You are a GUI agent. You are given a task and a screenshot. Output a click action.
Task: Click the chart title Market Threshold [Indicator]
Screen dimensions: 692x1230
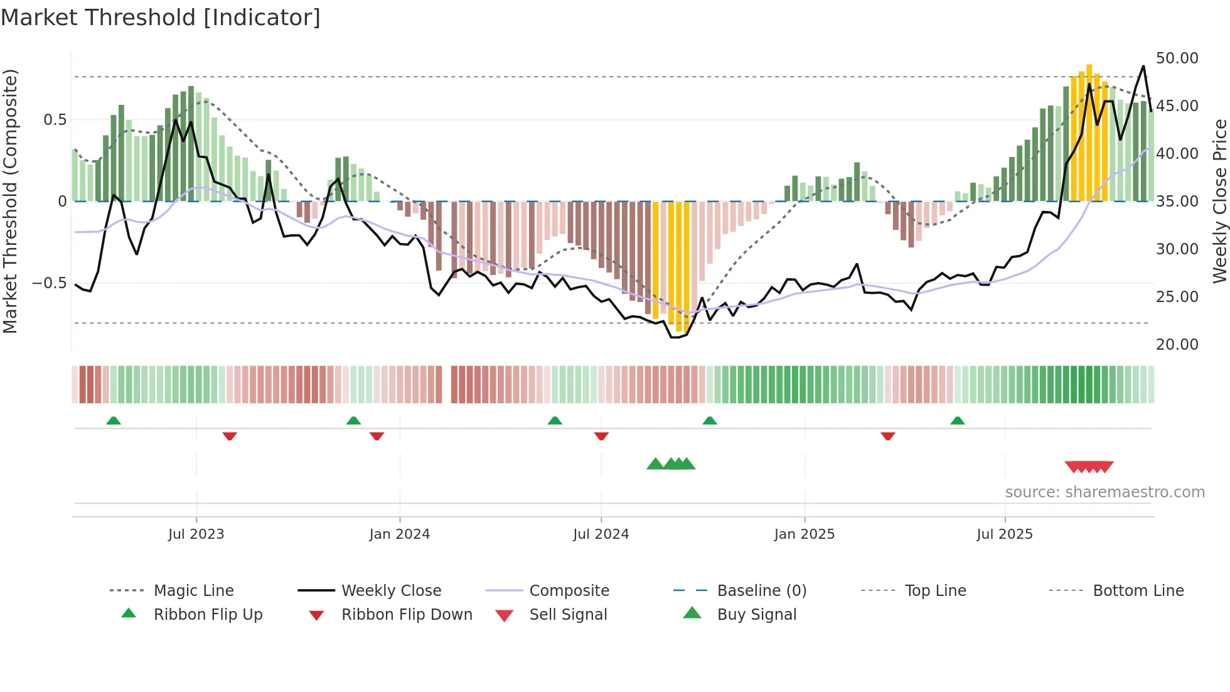pos(161,18)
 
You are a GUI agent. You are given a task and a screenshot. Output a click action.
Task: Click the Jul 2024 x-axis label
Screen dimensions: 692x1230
pos(601,534)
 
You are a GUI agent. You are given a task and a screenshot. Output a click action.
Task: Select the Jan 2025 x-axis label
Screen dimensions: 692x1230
pos(804,534)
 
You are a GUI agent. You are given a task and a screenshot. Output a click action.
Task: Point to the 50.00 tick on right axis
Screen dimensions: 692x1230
pos(1177,58)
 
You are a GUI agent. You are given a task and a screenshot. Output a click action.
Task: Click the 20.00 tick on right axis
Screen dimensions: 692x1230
pos(1177,344)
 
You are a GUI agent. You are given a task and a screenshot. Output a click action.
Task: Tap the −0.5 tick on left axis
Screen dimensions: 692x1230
pos(49,283)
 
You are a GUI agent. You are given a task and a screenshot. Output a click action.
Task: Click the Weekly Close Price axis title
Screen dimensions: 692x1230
pos(1219,201)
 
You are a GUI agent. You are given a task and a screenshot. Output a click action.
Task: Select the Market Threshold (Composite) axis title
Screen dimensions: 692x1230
pos(10,201)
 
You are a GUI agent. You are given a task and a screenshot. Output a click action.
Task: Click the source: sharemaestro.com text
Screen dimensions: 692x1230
pos(1104,492)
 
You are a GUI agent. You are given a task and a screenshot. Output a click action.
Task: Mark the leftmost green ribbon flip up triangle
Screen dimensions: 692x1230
pos(114,421)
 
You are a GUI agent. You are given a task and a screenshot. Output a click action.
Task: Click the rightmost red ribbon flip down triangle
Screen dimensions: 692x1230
pos(887,436)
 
